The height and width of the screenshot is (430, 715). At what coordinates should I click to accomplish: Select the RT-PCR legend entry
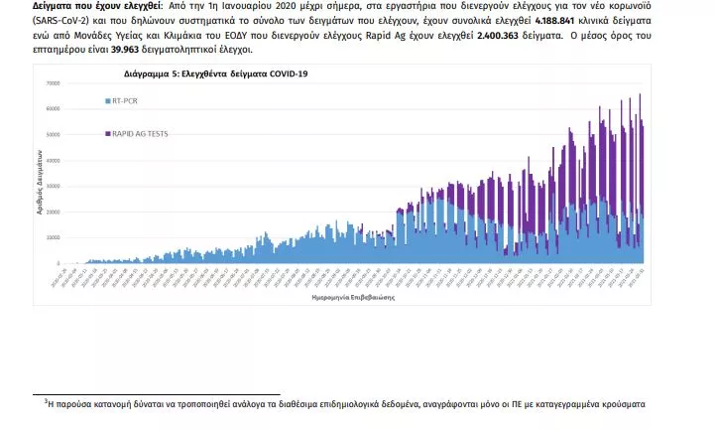125,101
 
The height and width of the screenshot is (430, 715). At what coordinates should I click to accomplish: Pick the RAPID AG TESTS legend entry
139,133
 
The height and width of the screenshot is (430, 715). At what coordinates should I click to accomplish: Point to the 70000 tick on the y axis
53,82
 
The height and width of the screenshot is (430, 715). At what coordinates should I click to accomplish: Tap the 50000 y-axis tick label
53,134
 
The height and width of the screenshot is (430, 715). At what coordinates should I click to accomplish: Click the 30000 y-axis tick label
53,186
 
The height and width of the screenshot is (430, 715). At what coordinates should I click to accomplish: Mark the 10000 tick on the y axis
53,237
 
